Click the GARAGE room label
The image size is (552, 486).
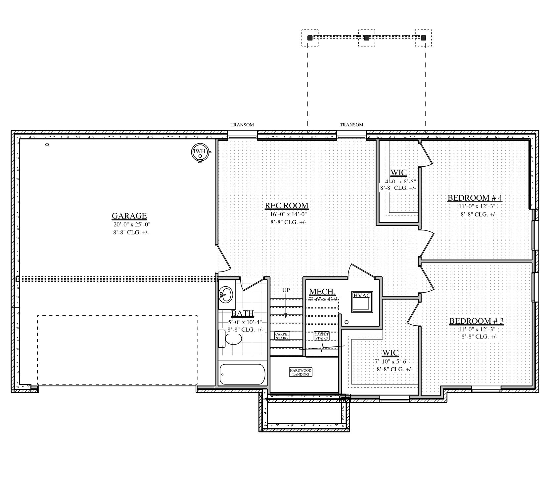129,216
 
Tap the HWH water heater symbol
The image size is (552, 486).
200,152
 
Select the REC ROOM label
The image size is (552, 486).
287,206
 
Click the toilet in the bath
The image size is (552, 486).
233,339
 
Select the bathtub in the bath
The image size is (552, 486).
242,375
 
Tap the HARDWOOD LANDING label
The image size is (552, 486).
301,372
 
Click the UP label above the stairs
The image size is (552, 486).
286,290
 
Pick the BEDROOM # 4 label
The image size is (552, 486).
475,198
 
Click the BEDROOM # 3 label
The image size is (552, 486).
476,321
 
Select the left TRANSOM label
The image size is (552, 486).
242,125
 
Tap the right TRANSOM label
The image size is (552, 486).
351,125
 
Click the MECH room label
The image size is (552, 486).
322,292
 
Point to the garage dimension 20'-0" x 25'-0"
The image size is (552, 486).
132,224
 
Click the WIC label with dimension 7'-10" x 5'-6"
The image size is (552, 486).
391,353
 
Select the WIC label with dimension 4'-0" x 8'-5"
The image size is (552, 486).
398,173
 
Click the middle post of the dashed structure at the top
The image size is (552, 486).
366,38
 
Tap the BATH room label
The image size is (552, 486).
242,313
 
